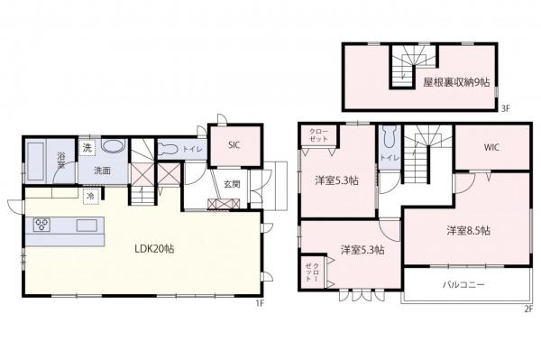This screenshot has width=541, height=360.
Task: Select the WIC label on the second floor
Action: coord(491,146)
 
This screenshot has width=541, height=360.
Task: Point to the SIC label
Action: coord(234,144)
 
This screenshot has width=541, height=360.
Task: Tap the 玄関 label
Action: coord(232,184)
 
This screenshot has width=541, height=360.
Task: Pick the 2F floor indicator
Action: coord(528,308)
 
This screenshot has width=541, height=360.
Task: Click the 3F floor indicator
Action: coord(506,110)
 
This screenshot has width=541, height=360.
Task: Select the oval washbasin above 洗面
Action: coord(113,147)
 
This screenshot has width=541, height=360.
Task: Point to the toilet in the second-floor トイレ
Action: coord(389,139)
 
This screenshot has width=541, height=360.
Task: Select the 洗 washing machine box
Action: coord(87,147)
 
